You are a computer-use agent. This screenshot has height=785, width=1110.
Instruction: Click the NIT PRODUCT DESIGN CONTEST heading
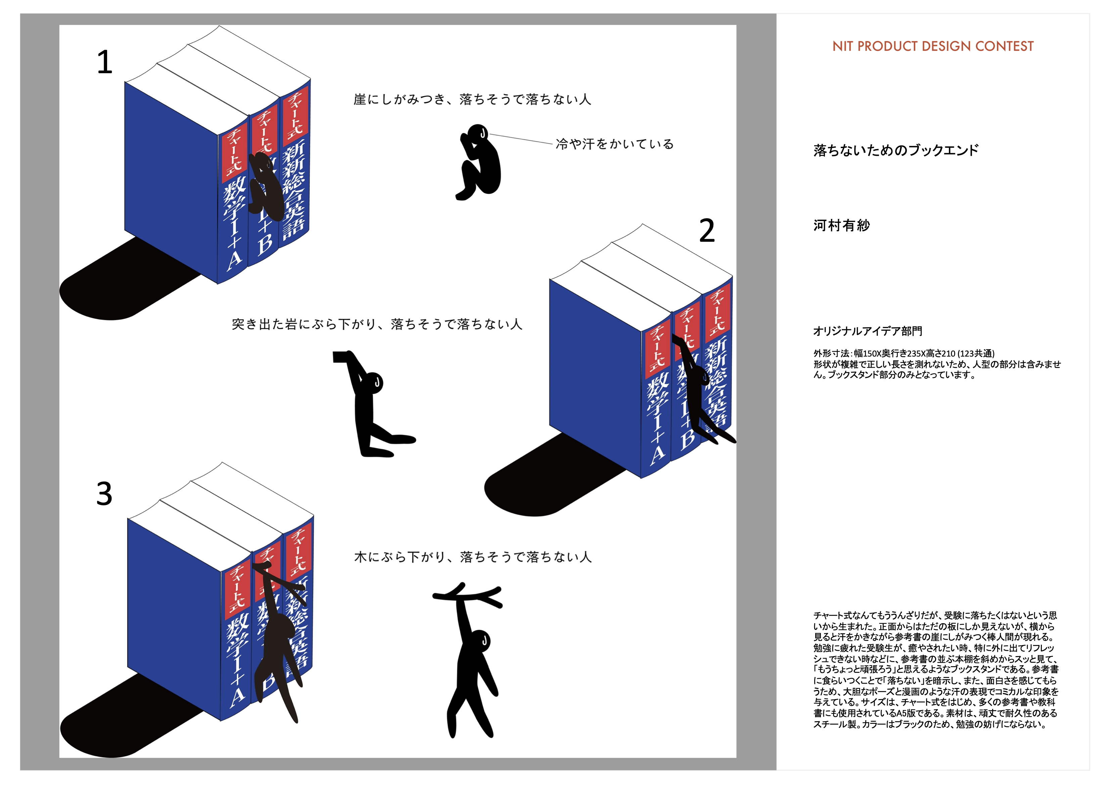point(933,46)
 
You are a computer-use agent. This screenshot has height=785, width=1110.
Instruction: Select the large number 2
point(707,231)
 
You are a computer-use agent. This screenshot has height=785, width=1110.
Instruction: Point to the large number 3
point(104,494)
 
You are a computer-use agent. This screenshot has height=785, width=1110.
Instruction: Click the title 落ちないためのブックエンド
point(896,150)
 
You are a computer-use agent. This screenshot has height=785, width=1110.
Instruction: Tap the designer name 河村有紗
point(842,225)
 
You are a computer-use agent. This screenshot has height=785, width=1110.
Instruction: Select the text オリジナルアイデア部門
point(868,331)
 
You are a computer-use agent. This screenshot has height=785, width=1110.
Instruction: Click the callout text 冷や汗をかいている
point(614,144)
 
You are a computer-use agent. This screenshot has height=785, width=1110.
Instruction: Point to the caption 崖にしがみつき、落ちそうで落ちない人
point(472,100)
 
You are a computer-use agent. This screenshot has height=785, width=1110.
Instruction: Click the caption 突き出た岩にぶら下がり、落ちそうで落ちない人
point(377,324)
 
